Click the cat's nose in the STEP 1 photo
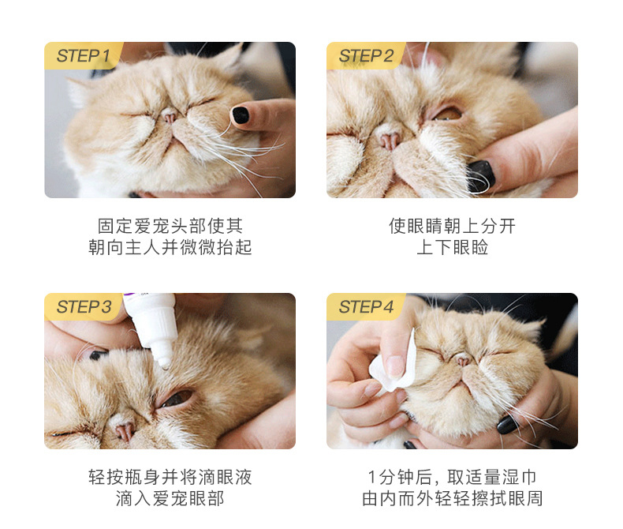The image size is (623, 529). click(170, 117)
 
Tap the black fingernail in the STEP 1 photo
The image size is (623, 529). click(240, 115)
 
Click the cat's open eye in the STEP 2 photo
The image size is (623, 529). click(446, 114)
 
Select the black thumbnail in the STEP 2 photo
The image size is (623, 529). click(481, 176)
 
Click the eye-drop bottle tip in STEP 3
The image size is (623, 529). click(164, 362)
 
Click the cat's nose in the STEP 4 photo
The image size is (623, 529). click(463, 361)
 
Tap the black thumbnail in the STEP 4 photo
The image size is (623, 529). click(507, 425)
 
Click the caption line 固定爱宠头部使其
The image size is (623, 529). click(170, 227)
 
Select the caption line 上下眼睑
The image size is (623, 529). click(452, 247)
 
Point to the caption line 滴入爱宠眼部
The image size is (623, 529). click(170, 498)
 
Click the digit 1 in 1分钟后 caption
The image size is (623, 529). click(372, 477)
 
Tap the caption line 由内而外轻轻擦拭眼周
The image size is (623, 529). click(452, 498)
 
